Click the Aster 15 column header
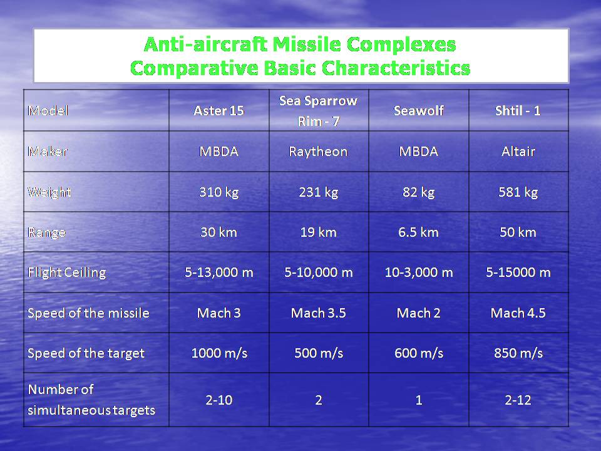[x=218, y=111]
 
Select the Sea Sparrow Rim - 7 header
[x=318, y=110]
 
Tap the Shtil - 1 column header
[x=518, y=111]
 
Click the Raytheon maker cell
[x=318, y=152]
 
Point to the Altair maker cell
[x=518, y=152]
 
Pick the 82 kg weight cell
[x=418, y=192]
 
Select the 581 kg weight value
[x=518, y=192]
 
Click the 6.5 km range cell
[x=418, y=232]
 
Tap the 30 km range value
[x=218, y=232]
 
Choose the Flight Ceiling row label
[x=67, y=272]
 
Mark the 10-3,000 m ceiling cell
[x=418, y=272]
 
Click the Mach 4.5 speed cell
[x=518, y=313]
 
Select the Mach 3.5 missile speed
[x=318, y=313]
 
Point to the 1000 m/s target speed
[x=218, y=353]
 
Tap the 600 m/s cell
[x=418, y=353]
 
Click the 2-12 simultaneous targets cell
[x=518, y=400]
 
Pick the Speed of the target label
[x=86, y=353]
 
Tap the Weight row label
[x=49, y=192]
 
